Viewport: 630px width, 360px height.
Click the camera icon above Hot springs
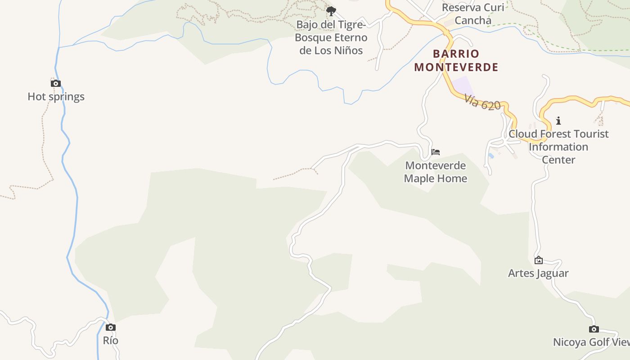(x=55, y=83)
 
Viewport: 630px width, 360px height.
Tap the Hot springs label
(x=56, y=97)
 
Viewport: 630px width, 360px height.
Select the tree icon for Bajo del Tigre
(x=331, y=11)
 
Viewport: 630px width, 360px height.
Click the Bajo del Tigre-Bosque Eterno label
(x=331, y=37)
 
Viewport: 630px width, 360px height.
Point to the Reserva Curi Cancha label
(x=473, y=14)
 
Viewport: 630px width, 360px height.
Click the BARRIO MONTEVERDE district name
(x=456, y=60)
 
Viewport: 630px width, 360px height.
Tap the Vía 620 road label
(x=482, y=103)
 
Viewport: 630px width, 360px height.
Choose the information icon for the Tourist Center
(x=558, y=121)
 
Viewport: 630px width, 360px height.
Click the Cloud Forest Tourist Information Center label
(x=558, y=147)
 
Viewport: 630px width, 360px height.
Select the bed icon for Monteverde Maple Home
(x=435, y=152)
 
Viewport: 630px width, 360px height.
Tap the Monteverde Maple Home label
(x=435, y=172)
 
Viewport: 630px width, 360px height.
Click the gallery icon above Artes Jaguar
(x=538, y=260)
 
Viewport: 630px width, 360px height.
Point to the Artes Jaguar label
(x=538, y=273)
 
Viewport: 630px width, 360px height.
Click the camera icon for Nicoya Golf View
(x=594, y=329)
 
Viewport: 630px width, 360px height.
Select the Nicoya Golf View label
(x=591, y=342)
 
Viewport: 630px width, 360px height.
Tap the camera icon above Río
(x=111, y=327)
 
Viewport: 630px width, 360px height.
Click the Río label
(x=111, y=341)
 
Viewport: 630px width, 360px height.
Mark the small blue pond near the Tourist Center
(x=490, y=156)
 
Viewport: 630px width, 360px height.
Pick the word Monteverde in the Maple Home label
(x=435, y=166)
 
